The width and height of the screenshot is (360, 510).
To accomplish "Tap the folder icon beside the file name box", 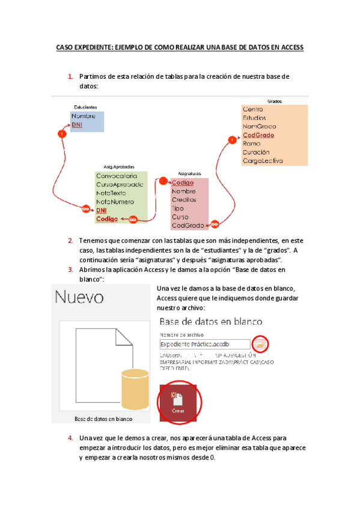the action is tap(260, 344).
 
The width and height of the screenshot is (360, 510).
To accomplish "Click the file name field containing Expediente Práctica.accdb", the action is tap(204, 344).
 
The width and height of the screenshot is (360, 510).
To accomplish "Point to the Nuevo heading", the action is tap(80, 297).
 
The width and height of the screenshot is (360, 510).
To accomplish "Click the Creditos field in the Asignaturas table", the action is tap(184, 200).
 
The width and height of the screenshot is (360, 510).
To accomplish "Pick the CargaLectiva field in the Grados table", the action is tap(263, 161).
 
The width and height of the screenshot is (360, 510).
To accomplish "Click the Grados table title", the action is tap(274, 102).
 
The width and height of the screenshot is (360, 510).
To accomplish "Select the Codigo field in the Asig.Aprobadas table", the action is tap(107, 220).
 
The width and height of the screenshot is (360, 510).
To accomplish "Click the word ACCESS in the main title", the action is tap(290, 46).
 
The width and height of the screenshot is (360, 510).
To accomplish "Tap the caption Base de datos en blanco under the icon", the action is tap(103, 419).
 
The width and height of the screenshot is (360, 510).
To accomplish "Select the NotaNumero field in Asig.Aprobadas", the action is tap(115, 202).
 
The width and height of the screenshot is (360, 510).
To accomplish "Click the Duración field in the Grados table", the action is tap(256, 153).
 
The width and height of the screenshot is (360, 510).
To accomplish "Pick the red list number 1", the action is tap(71, 77).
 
